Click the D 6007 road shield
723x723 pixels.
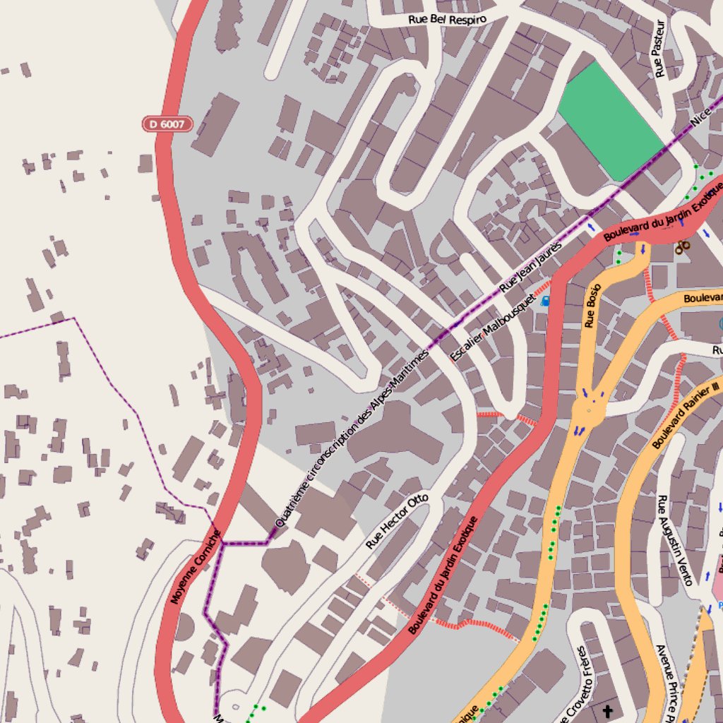click(167, 124)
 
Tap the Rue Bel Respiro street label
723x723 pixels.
click(448, 19)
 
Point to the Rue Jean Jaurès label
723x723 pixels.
click(530, 268)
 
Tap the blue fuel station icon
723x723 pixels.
click(545, 301)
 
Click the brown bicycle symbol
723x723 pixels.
click(682, 247)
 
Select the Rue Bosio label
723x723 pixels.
click(592, 306)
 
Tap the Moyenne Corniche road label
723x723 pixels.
click(196, 567)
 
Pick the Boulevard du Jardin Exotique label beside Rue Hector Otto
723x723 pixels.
click(443, 575)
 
